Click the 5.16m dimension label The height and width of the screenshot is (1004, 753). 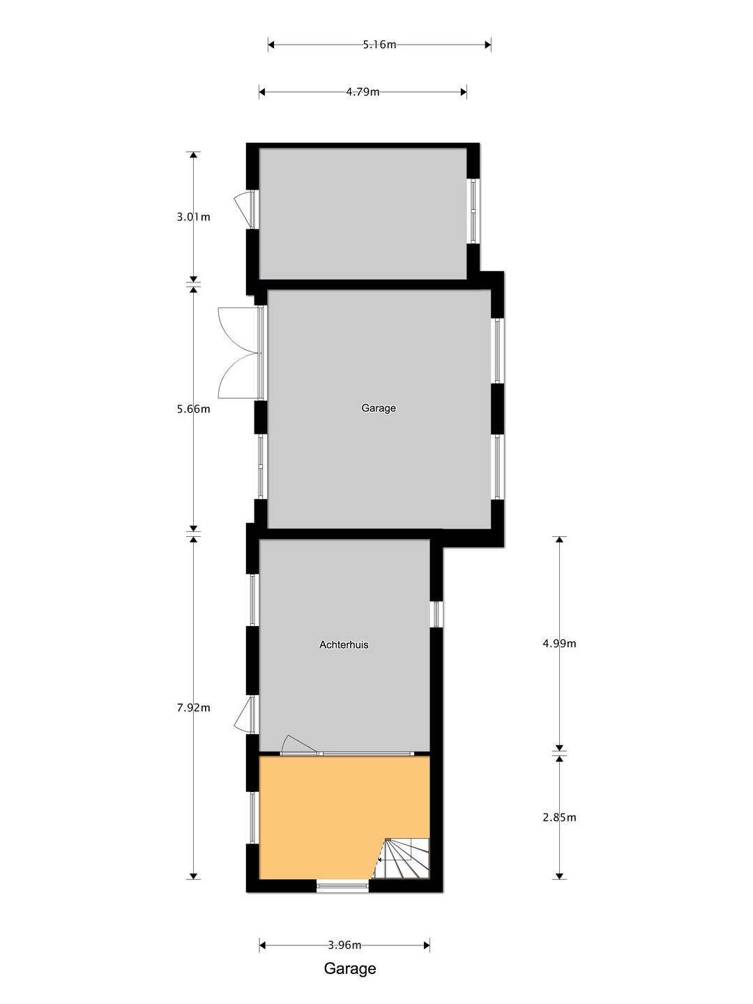pyautogui.click(x=379, y=45)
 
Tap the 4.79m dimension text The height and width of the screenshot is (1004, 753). pyautogui.click(x=363, y=91)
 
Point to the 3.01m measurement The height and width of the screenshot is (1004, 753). pyautogui.click(x=193, y=217)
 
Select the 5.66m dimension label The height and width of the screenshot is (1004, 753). pyautogui.click(x=193, y=409)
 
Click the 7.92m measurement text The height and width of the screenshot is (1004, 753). pyautogui.click(x=193, y=708)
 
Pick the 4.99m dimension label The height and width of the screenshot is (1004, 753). pyautogui.click(x=559, y=644)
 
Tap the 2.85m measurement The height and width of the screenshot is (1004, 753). pyautogui.click(x=559, y=817)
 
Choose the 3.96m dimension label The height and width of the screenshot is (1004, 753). pyautogui.click(x=344, y=945)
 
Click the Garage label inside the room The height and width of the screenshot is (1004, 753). pyautogui.click(x=379, y=408)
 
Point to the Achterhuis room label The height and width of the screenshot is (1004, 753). pyautogui.click(x=344, y=645)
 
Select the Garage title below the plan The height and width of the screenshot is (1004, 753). pyautogui.click(x=350, y=968)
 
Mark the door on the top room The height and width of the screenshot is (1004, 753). pyautogui.click(x=244, y=208)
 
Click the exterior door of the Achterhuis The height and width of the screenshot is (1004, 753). pyautogui.click(x=244, y=715)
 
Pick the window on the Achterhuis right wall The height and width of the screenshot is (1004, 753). pyautogui.click(x=436, y=614)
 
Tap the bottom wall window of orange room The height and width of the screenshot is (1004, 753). pyautogui.click(x=342, y=886)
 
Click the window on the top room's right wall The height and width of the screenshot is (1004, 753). pyautogui.click(x=473, y=211)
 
